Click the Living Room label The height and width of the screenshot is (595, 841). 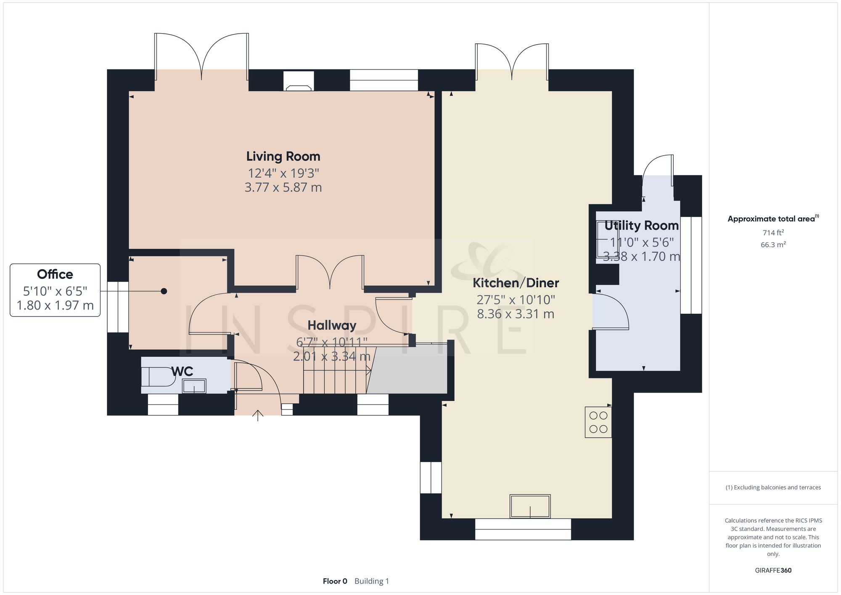[283, 156]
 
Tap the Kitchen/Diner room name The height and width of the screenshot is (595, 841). [516, 283]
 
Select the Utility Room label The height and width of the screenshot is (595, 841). [641, 226]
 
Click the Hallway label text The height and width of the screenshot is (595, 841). [332, 325]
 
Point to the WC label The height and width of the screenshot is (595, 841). [182, 371]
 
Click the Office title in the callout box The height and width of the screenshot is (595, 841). [55, 275]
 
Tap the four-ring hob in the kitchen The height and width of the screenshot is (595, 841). [598, 422]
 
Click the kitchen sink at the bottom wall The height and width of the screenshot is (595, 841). [530, 506]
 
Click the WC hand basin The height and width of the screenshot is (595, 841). [194, 386]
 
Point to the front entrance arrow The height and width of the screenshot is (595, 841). [257, 415]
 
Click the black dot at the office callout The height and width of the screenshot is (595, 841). [164, 291]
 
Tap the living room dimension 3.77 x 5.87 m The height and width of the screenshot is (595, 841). [283, 188]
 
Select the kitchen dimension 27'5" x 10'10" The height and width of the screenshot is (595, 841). [516, 300]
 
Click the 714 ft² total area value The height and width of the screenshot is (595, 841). [773, 233]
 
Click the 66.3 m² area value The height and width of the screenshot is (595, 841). [773, 244]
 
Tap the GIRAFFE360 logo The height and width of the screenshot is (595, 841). [773, 571]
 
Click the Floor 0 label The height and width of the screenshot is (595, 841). [335, 581]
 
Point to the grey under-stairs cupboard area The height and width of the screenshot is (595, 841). [407, 370]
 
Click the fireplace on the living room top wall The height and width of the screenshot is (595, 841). [299, 81]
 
